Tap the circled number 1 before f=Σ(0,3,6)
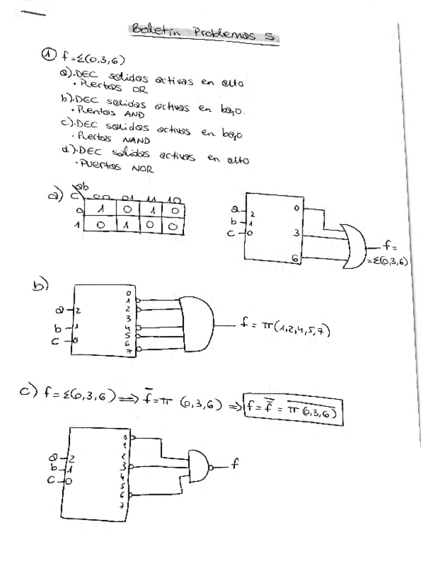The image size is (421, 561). [47, 57]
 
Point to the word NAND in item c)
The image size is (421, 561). [137, 140]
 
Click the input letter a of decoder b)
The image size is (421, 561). [60, 309]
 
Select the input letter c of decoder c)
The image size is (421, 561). [51, 481]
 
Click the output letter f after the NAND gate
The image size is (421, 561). [234, 463]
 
